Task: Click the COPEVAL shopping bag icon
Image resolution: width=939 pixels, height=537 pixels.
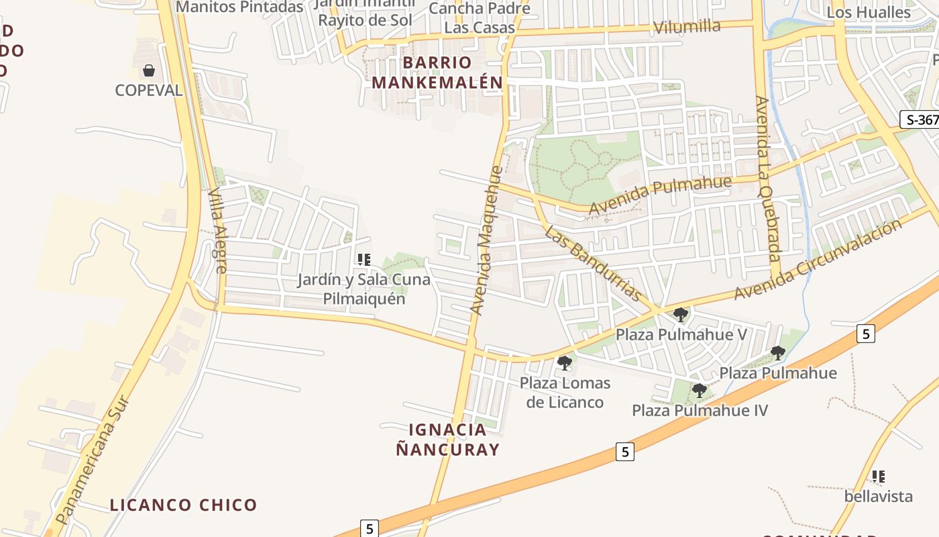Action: pyautogui.click(x=148, y=70)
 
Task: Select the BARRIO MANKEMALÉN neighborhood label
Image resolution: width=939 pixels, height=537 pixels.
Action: pyautogui.click(x=437, y=72)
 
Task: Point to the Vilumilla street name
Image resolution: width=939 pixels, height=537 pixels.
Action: pyautogui.click(x=686, y=28)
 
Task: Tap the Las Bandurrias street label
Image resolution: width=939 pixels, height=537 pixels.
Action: pyautogui.click(x=592, y=263)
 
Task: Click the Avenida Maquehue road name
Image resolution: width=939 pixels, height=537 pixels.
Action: pyautogui.click(x=486, y=240)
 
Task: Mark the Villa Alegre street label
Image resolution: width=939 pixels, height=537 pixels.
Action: pyautogui.click(x=217, y=230)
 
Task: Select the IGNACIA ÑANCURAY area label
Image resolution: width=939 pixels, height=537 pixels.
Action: pyautogui.click(x=447, y=440)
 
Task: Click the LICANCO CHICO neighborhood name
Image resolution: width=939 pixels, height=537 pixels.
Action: pyautogui.click(x=183, y=505)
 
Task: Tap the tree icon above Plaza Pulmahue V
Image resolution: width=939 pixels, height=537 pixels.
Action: pyautogui.click(x=680, y=313)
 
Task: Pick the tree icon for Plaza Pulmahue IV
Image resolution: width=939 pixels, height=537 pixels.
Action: pyautogui.click(x=699, y=390)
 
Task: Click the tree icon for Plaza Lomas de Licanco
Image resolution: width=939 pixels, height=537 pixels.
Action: pyautogui.click(x=564, y=363)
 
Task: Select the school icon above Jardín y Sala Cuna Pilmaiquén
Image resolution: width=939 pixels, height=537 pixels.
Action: pyautogui.click(x=364, y=259)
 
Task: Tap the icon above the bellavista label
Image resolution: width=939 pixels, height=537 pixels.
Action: pyautogui.click(x=878, y=477)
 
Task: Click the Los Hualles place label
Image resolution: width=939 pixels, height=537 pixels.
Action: pyautogui.click(x=869, y=12)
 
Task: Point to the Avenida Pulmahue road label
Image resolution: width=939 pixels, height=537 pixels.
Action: pyautogui.click(x=659, y=195)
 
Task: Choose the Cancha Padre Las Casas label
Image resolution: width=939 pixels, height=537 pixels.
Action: pyautogui.click(x=480, y=18)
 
